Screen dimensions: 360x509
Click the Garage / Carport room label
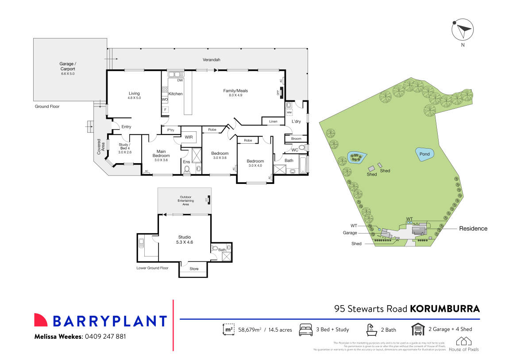click(68, 67)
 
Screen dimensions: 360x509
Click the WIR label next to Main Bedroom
click(189, 137)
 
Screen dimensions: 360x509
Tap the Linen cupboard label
click(273, 121)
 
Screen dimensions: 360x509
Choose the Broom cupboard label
click(296, 139)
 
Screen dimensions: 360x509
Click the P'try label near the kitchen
click(170, 130)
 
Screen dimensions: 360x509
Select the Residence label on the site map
click(473, 229)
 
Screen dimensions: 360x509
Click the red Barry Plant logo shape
click(41, 320)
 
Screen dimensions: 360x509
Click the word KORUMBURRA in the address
click(445, 309)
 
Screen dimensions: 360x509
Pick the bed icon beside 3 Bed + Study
click(306, 329)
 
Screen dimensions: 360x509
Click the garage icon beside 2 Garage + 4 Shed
click(418, 329)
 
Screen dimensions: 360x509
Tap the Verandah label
click(211, 59)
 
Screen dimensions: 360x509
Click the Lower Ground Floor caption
click(153, 268)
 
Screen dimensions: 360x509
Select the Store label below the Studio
click(194, 269)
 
